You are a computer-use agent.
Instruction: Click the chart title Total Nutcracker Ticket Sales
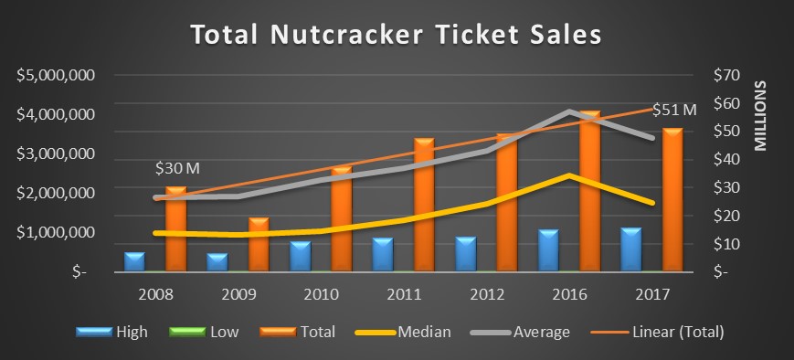pyautogui.click(x=397, y=36)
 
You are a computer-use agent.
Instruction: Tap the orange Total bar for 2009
pyautogui.click(x=259, y=244)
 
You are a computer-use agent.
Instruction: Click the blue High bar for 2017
pyautogui.click(x=631, y=249)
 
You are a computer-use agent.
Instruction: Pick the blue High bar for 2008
pyautogui.click(x=134, y=261)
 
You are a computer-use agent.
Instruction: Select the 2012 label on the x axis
pyautogui.click(x=486, y=294)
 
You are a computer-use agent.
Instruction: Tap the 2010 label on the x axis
pyautogui.click(x=321, y=294)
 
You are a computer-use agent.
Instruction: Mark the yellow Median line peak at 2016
pyautogui.click(x=569, y=175)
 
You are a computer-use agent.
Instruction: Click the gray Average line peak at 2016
pyautogui.click(x=569, y=111)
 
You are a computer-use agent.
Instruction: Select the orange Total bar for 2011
pyautogui.click(x=424, y=206)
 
